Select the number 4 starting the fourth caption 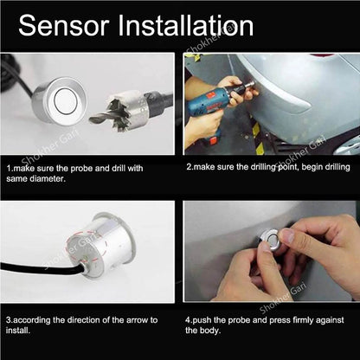click(188, 318)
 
